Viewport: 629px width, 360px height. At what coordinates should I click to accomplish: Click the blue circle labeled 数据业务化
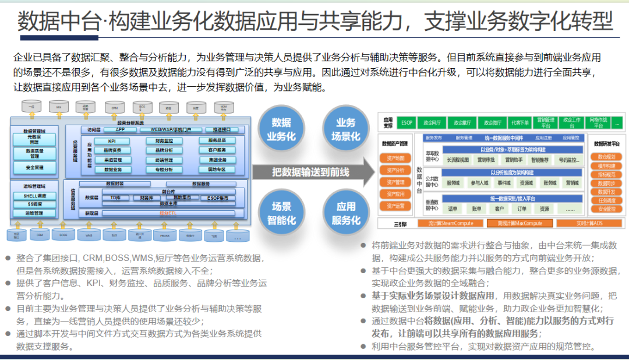click(x=281, y=129)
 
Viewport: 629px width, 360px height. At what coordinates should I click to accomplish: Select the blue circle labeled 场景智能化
click(x=281, y=213)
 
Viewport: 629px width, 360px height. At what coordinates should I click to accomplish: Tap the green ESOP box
click(x=407, y=122)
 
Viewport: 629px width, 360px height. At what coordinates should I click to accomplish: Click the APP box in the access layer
click(x=120, y=129)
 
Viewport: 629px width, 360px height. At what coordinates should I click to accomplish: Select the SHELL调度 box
click(x=33, y=196)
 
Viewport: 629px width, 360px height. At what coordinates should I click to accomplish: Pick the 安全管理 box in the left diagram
click(x=34, y=168)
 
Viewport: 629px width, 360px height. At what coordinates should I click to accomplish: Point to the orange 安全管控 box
click(x=607, y=209)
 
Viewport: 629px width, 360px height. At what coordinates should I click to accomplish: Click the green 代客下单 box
click(x=520, y=122)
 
